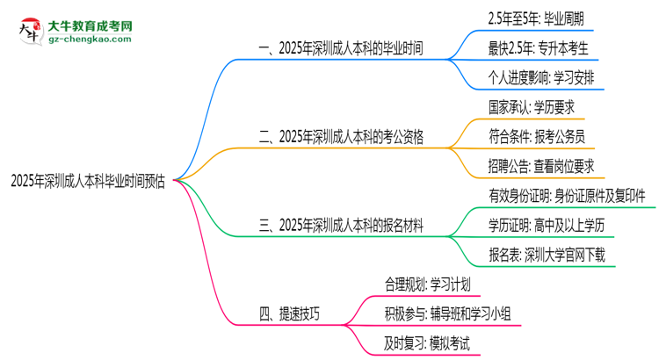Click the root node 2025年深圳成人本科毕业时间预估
(88, 181)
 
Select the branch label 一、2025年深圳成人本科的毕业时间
(341, 48)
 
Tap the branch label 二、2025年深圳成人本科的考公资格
(341, 137)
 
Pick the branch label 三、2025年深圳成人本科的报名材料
(341, 226)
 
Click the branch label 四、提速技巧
(289, 313)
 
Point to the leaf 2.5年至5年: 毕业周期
(536, 19)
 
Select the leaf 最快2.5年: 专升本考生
(538, 48)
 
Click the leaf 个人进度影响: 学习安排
(541, 78)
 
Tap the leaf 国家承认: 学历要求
(532, 107)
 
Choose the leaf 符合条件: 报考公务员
(537, 137)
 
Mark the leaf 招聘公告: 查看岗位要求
(541, 166)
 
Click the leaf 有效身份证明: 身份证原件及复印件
(567, 196)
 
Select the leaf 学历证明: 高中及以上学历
(547, 226)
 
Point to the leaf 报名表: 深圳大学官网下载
(547, 255)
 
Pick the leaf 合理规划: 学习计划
(427, 284)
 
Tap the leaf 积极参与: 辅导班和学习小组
(447, 313)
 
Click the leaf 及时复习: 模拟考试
(427, 343)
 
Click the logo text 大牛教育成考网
(91, 26)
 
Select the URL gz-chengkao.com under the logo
(90, 39)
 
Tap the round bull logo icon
(30, 31)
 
